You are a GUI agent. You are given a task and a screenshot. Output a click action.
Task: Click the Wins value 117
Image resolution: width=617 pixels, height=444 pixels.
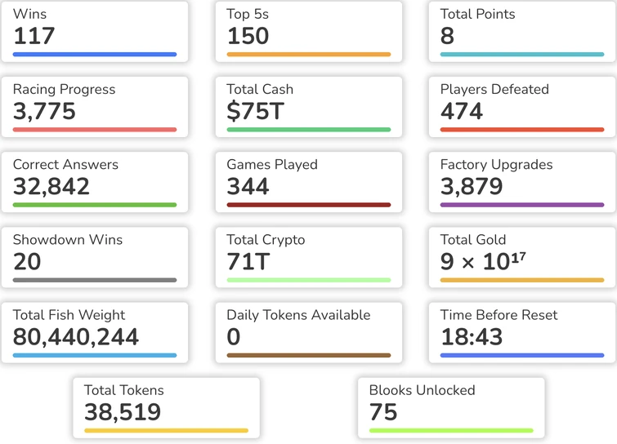(34, 36)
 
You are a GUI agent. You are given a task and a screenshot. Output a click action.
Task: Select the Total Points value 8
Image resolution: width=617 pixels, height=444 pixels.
(447, 36)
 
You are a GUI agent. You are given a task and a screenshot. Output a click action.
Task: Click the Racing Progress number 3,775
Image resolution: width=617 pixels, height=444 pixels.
(44, 111)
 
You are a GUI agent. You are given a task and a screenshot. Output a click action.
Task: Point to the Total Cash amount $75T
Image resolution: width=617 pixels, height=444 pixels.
(255, 111)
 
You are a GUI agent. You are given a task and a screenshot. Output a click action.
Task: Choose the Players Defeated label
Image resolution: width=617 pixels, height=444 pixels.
(494, 89)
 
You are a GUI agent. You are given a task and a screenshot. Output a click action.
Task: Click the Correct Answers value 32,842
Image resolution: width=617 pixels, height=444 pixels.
(51, 186)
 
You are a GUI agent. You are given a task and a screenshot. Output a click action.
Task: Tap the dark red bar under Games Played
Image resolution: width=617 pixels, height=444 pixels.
(308, 205)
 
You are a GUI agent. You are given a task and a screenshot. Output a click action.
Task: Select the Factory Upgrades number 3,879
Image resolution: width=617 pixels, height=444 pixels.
(472, 186)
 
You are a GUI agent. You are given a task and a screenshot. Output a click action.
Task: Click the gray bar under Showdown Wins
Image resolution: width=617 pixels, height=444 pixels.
(95, 280)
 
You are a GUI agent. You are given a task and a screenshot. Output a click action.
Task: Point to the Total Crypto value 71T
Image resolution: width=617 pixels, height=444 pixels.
(248, 261)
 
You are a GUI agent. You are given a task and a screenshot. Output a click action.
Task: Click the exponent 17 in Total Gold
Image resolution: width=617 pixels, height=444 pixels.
(517, 257)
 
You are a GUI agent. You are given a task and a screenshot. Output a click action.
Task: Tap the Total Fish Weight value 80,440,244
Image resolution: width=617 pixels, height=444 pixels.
(76, 336)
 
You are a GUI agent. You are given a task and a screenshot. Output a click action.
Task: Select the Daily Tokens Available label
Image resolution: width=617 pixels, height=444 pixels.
(298, 315)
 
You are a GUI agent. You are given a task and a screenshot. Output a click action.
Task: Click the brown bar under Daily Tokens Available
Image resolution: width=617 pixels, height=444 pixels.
(308, 355)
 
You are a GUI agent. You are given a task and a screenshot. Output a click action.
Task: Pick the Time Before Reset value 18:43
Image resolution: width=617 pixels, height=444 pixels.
(472, 336)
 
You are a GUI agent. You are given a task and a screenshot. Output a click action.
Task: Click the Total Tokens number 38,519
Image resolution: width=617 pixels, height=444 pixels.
(123, 411)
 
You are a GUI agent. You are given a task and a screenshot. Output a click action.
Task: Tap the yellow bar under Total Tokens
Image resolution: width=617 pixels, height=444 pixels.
(166, 430)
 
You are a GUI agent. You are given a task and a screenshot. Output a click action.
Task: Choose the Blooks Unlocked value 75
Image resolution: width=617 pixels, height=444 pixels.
(383, 411)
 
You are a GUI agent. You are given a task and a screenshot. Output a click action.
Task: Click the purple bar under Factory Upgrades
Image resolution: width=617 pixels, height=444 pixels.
(522, 205)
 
